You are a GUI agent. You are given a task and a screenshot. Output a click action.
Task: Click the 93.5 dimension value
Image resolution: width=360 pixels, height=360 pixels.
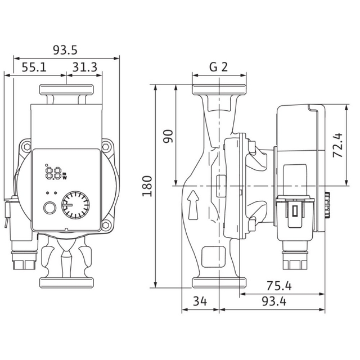[65, 50]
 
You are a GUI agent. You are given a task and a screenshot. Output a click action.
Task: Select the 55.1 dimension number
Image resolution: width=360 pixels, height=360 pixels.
[34, 67]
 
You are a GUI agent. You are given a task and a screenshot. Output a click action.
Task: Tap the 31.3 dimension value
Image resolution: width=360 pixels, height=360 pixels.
[85, 67]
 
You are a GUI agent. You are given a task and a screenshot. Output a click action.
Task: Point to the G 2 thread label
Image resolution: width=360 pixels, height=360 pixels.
[218, 67]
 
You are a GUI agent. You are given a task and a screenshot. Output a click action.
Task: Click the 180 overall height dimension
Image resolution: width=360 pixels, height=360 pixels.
[147, 186]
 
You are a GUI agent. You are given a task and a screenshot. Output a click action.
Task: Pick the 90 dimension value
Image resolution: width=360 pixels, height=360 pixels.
[168, 136]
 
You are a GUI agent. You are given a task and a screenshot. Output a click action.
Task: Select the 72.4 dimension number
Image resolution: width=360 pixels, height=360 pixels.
[337, 145]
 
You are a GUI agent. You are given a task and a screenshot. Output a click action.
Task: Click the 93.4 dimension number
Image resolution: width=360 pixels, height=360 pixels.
[274, 301]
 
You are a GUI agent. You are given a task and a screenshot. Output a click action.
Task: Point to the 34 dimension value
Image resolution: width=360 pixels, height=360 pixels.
[200, 301]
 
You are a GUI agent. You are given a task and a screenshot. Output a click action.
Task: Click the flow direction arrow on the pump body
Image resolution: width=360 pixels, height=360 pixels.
[193, 204]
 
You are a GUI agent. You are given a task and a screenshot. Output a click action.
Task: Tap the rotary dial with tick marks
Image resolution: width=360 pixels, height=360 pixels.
[75, 205]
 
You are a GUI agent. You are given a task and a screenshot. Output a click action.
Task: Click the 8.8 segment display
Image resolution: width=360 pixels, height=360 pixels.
[53, 173]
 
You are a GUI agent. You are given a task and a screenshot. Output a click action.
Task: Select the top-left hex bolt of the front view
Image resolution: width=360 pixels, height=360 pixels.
[27, 146]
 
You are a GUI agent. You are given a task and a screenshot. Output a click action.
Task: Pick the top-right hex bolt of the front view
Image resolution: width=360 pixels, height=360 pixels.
[105, 146]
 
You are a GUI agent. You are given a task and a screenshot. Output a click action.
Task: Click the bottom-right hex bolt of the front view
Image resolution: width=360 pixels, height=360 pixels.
[105, 225]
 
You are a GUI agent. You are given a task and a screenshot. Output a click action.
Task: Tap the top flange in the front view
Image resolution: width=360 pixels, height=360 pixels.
[66, 89]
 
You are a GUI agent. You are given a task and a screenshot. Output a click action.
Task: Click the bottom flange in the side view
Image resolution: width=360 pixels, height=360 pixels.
[219, 282]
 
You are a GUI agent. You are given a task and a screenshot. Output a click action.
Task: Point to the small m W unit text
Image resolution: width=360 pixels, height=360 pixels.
[65, 175]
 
